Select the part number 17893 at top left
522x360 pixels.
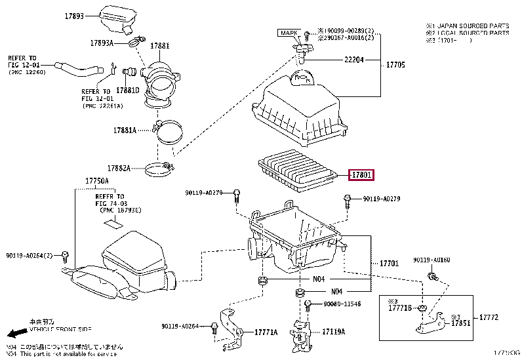[x=74, y=15]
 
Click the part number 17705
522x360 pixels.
[x=395, y=65]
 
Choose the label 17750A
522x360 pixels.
[x=96, y=180]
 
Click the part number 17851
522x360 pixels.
[x=460, y=322]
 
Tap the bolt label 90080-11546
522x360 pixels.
[x=342, y=305]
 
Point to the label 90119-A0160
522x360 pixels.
[x=432, y=260]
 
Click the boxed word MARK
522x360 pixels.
[x=289, y=32]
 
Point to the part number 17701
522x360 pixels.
[x=389, y=263]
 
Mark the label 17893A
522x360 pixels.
[x=102, y=43]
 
